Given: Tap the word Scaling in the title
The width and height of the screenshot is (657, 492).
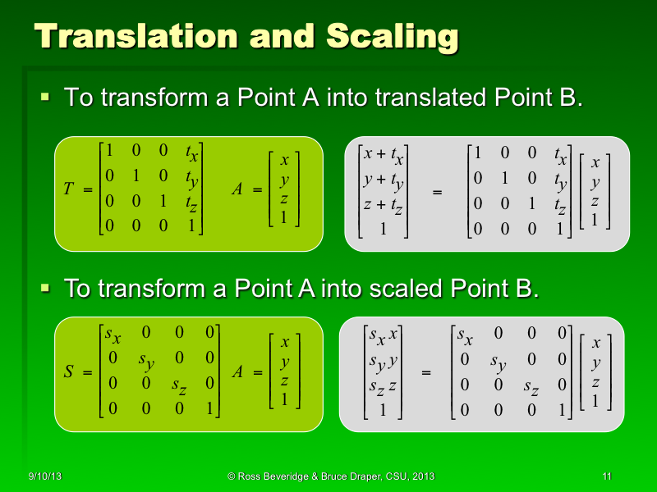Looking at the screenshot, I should (x=392, y=37).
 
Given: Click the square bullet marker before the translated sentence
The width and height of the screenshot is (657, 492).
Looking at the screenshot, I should (x=46, y=98).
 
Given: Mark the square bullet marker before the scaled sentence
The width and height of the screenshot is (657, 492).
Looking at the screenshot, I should (x=46, y=289).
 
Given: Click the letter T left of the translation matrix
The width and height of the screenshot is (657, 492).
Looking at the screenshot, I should (x=67, y=189).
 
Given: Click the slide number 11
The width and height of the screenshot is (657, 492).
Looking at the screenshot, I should (x=607, y=476).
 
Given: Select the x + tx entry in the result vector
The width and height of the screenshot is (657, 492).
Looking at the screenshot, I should (x=384, y=156).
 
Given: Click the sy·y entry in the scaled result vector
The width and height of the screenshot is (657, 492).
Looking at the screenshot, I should (x=383, y=361).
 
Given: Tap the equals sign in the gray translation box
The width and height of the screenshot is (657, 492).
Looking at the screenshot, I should (x=437, y=192).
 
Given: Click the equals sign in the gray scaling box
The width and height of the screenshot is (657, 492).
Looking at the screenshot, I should (x=425, y=373).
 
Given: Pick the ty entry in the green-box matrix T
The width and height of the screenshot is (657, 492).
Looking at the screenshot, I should (x=193, y=178).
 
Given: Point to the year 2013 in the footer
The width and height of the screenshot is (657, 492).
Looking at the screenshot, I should (x=421, y=476).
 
